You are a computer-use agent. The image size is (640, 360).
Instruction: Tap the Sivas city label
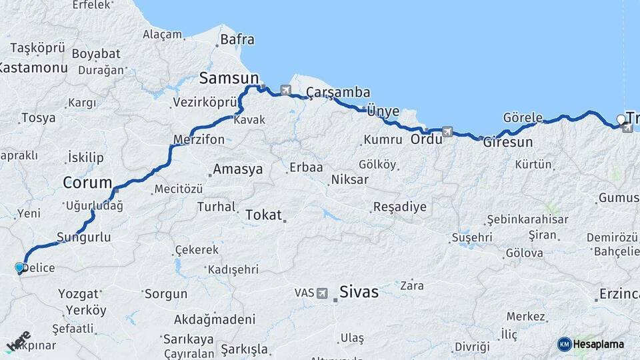(359, 291)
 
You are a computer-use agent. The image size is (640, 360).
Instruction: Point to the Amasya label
(237, 169)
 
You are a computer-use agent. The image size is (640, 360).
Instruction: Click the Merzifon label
(199, 139)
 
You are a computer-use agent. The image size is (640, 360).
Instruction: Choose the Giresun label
(508, 142)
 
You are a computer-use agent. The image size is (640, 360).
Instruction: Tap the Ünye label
(383, 111)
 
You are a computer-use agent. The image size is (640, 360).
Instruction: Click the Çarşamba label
(338, 91)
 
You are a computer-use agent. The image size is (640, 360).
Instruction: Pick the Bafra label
(237, 39)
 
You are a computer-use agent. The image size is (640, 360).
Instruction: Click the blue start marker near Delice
(19, 267)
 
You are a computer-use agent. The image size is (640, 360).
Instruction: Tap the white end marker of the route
(621, 120)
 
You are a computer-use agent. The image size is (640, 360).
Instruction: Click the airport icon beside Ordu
(447, 131)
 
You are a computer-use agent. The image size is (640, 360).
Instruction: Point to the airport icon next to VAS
(323, 293)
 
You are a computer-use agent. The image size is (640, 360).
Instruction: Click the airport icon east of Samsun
(286, 90)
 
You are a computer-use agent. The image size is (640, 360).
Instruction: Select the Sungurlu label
(83, 237)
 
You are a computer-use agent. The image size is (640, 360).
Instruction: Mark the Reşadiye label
(399, 206)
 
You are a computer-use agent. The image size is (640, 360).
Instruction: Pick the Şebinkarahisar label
(527, 219)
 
